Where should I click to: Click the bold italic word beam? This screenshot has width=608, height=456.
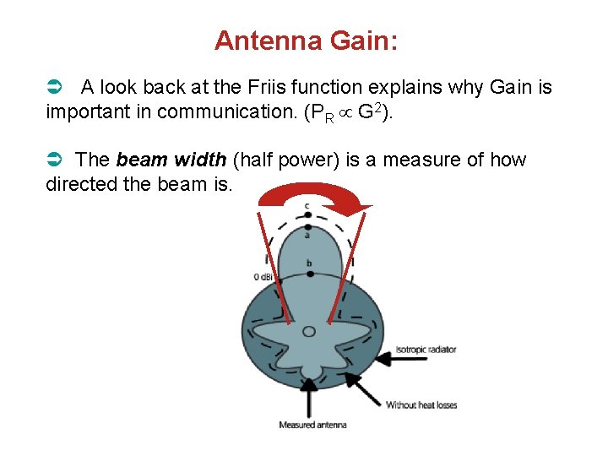click(139, 160)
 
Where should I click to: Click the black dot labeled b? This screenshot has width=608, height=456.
click(308, 272)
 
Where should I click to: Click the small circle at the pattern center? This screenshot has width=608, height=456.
click(310, 331)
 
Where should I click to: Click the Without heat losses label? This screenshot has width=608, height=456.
click(421, 405)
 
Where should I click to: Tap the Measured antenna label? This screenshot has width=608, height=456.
click(313, 425)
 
